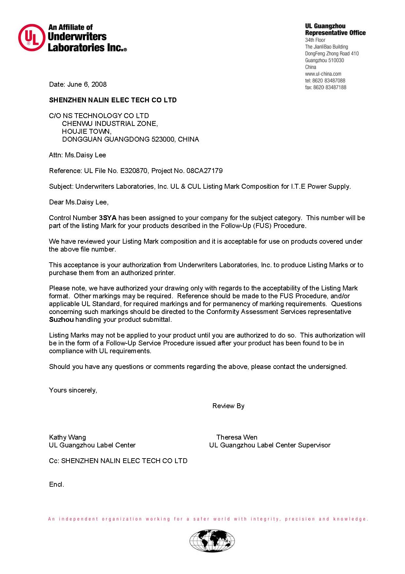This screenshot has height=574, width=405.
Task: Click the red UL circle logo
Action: (31, 38)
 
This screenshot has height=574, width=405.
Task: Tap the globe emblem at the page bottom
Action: (212, 541)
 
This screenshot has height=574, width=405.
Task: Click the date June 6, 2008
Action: (87, 84)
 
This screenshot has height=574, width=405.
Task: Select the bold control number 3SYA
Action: (107, 218)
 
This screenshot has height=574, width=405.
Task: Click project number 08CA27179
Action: (204, 171)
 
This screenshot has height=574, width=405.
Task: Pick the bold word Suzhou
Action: (61, 320)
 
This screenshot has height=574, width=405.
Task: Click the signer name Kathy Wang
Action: (67, 437)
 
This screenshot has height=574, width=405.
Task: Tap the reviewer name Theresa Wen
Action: (237, 437)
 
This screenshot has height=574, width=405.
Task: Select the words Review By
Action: (228, 406)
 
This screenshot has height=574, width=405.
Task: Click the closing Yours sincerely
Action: (73, 390)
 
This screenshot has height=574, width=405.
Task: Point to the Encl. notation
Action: (57, 484)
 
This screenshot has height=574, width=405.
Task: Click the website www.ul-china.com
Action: (323, 74)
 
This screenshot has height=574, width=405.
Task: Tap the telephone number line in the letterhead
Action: (325, 80)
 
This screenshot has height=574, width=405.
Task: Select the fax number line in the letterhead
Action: (325, 87)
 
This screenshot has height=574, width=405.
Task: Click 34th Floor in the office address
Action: (315, 40)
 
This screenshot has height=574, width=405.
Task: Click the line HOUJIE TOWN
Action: (87, 131)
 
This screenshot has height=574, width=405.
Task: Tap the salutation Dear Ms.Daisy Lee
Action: (79, 202)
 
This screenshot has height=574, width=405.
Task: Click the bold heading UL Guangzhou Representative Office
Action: (335, 29)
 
